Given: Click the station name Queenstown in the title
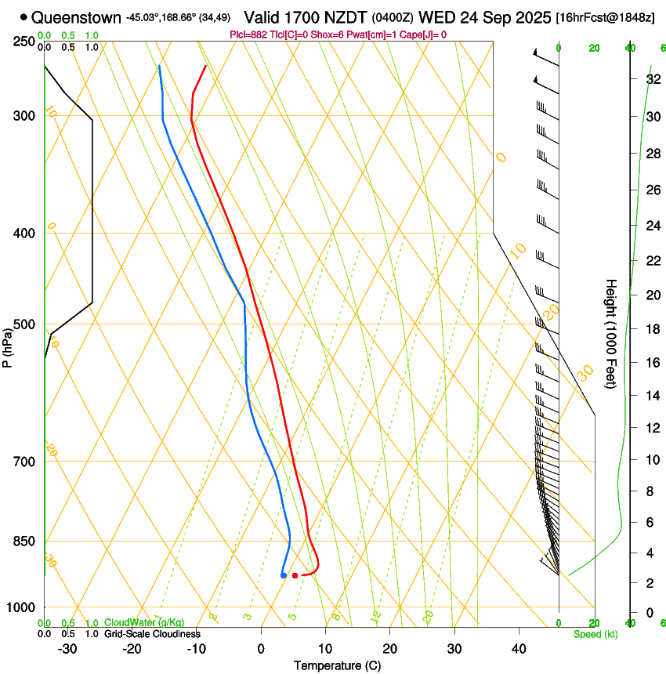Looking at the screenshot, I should (x=77, y=17).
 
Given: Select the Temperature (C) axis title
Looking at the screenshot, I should (x=337, y=665).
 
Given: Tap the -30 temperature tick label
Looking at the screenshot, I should (x=67, y=648).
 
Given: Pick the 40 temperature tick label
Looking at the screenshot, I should (x=519, y=648).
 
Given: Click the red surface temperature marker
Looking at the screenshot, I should (x=295, y=575).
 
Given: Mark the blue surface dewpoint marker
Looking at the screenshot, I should (x=283, y=575).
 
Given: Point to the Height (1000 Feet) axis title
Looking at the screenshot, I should (x=611, y=333).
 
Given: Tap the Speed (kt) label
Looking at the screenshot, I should (x=595, y=634).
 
